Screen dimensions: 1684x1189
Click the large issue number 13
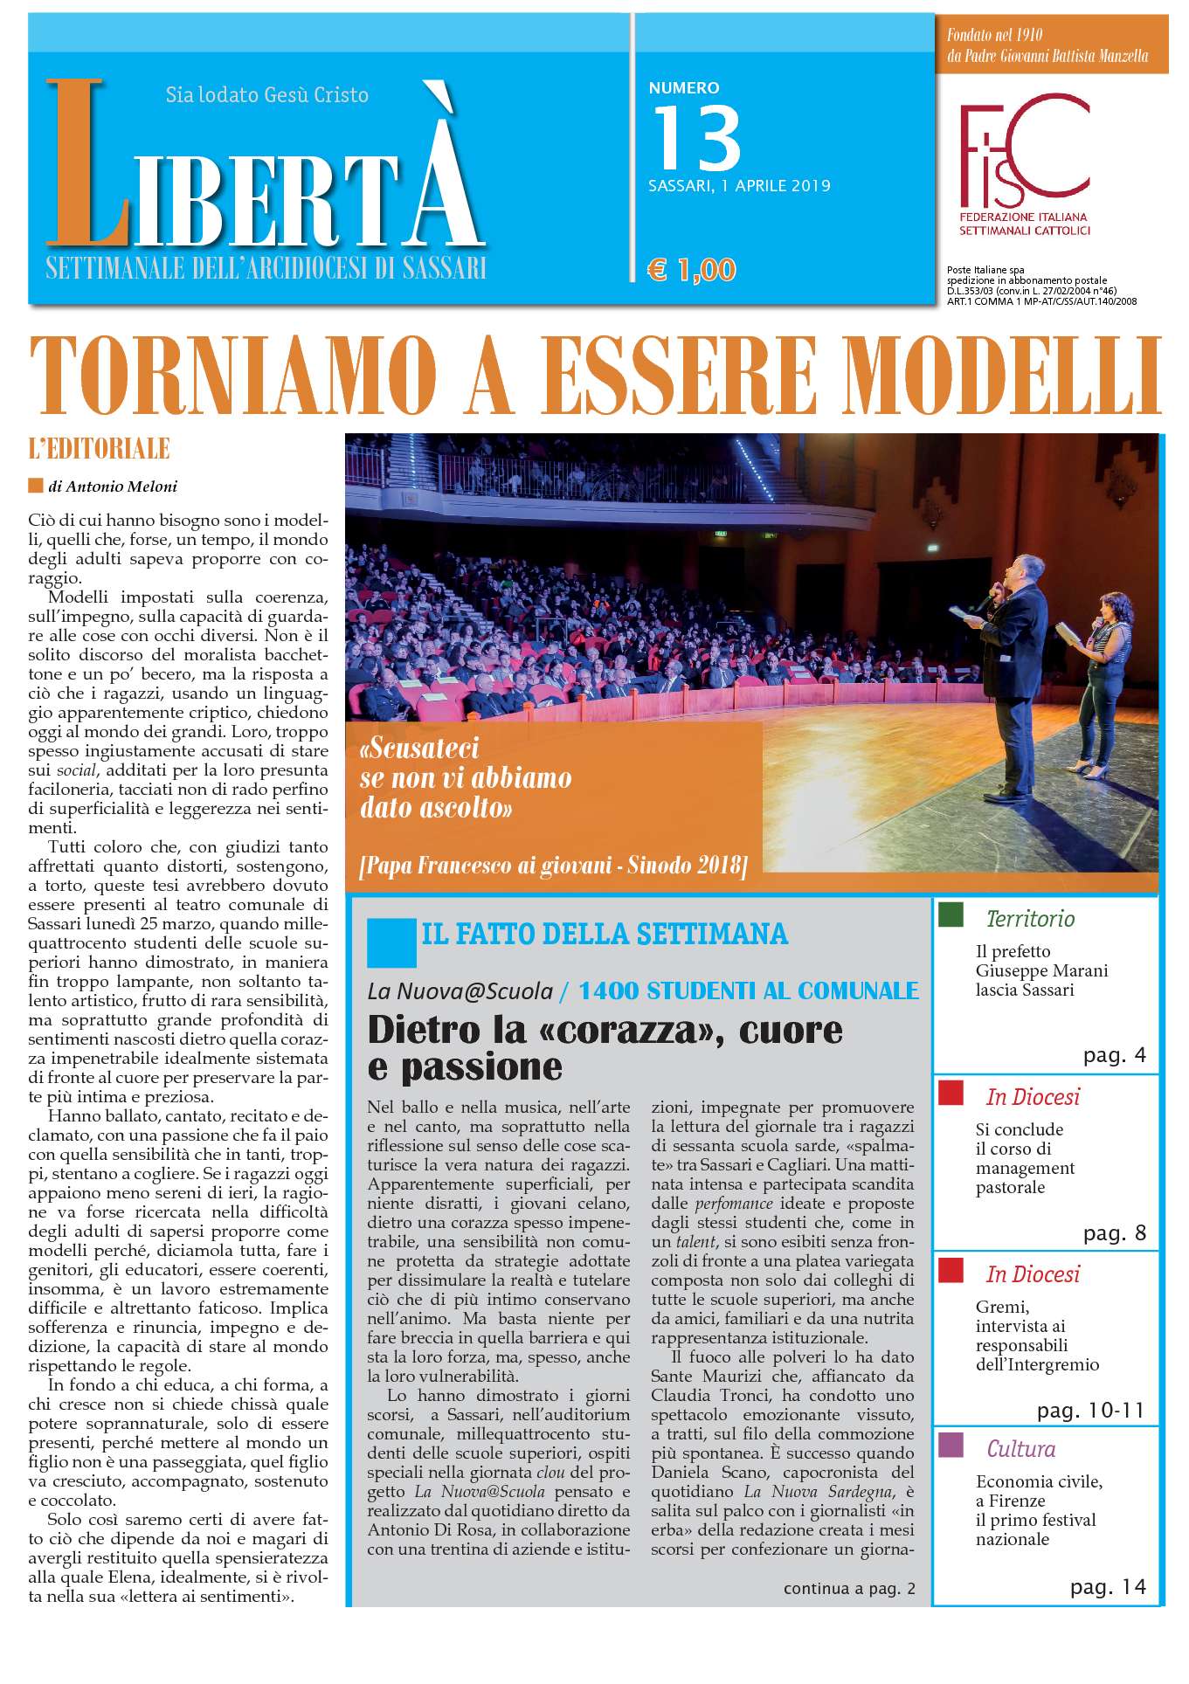click(x=696, y=137)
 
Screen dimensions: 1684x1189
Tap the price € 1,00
click(x=692, y=269)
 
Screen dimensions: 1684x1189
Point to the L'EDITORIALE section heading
click(x=99, y=450)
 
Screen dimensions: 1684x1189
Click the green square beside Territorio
click(x=951, y=914)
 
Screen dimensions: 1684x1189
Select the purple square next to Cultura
click(x=951, y=1445)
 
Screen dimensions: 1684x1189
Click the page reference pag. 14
click(x=1108, y=1587)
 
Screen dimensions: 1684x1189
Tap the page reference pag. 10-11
click(x=1090, y=1411)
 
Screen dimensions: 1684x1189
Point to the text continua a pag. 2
click(x=849, y=1588)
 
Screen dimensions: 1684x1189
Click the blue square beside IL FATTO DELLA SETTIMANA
click(x=391, y=942)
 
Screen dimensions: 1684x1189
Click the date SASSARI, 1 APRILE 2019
click(x=739, y=186)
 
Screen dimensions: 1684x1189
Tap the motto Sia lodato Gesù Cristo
click(x=267, y=94)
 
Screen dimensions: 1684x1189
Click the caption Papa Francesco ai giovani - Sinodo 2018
click(x=553, y=866)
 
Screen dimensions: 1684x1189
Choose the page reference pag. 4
click(x=1114, y=1055)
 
